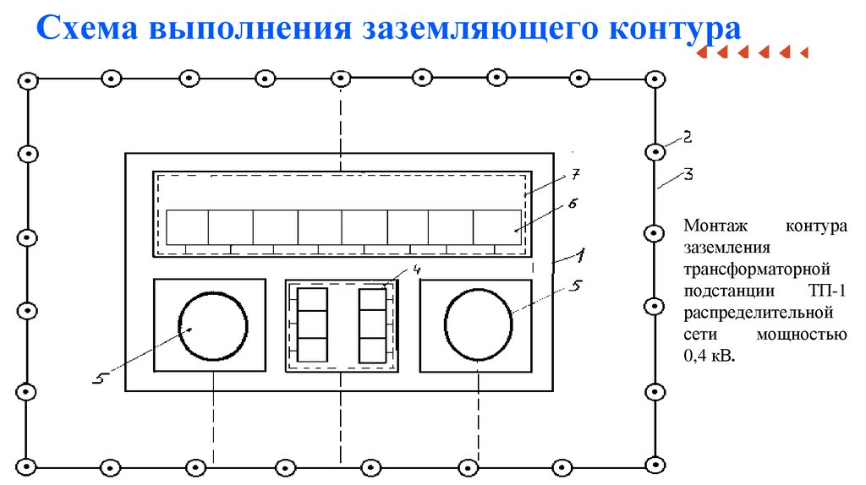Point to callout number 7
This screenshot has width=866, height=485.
(574, 174)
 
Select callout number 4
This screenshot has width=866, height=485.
(416, 270)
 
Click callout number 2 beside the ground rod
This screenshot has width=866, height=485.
(688, 135)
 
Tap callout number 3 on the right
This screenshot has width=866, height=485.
(688, 175)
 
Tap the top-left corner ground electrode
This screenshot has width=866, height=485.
(28, 80)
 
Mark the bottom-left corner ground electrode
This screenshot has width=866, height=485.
(28, 465)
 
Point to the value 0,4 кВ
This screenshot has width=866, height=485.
(710, 357)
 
